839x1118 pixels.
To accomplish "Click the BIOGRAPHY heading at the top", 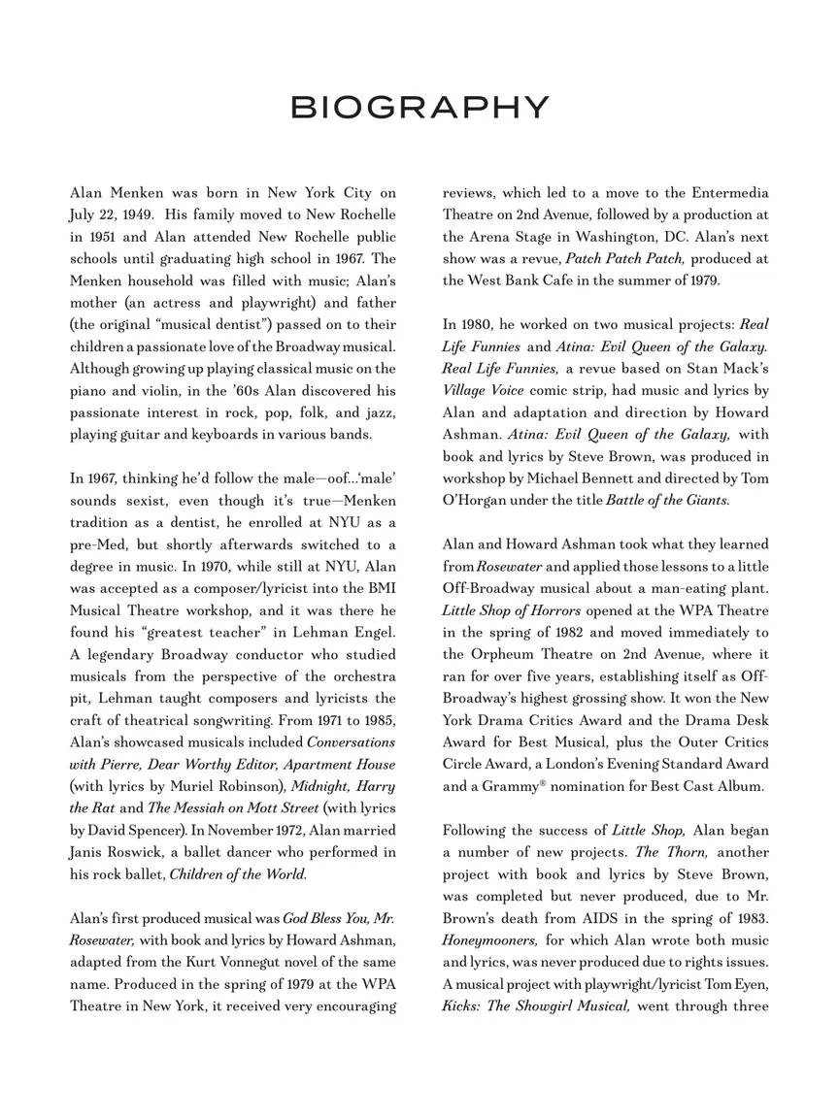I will [x=419, y=107].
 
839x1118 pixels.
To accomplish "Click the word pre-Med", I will [x=99, y=544].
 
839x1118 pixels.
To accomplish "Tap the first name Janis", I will [x=89, y=852].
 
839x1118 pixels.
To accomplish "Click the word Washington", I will [x=629, y=237].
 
